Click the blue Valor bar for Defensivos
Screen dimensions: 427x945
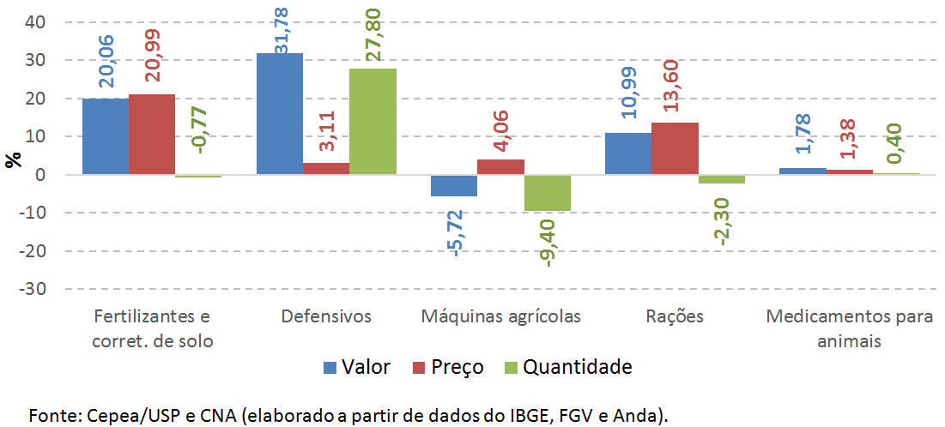(280, 113)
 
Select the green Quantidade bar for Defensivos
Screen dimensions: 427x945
(373, 121)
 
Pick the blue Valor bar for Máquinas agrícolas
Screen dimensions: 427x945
(454, 185)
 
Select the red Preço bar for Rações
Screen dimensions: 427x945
(675, 148)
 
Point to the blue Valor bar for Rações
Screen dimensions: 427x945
(628, 153)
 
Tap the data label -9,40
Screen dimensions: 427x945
(548, 242)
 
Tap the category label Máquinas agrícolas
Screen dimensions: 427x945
(501, 316)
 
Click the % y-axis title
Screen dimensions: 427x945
(13, 159)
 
